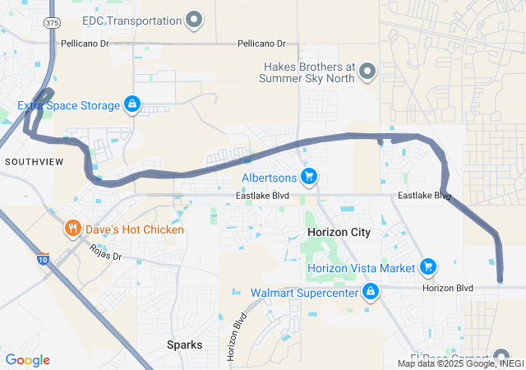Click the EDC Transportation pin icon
195,19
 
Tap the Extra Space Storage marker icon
131,104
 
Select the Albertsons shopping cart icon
309,177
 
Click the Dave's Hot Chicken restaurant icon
72,229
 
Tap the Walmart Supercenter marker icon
371,292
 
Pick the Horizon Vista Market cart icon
427,267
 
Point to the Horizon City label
339,233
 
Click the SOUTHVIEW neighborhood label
34,162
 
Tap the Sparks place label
184,345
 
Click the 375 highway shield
53,23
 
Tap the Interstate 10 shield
42,260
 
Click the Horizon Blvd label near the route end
448,288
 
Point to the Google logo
27,360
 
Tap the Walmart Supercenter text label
305,293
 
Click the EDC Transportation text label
131,20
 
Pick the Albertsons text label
269,178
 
